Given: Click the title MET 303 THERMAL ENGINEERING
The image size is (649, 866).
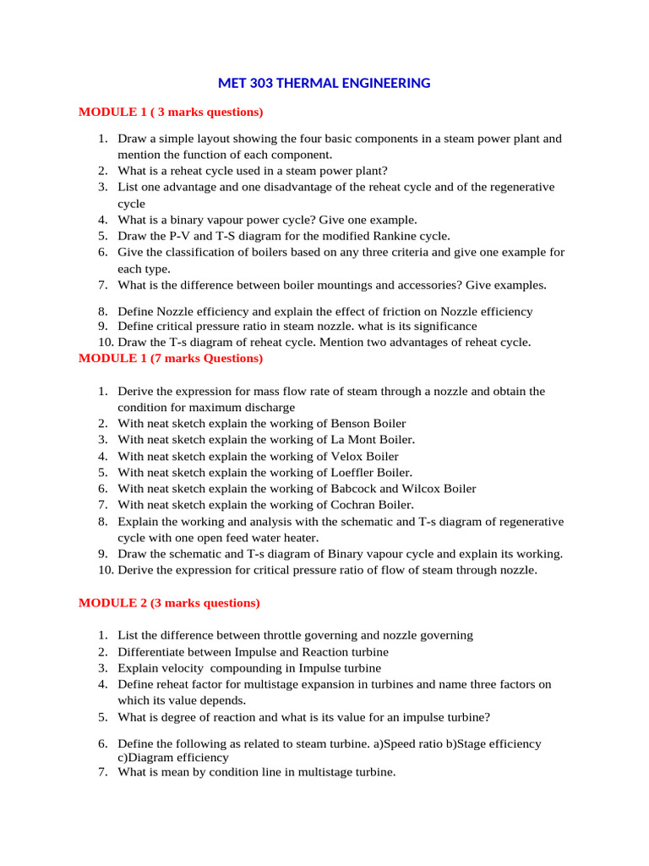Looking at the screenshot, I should click(324, 83).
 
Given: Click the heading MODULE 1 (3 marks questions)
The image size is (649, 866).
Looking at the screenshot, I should click(171, 112).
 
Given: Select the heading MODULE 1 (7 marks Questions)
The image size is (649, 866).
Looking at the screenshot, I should click(171, 358).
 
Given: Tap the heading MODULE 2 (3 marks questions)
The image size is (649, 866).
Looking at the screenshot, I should click(169, 603).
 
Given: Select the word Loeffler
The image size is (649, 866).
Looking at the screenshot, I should click(355, 472).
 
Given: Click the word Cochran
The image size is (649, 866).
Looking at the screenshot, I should click(354, 505).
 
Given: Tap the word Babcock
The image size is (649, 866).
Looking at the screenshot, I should click(356, 488).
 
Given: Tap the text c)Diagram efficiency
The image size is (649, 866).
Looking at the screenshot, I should click(173, 758).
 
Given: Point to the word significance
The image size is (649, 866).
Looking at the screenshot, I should click(440, 326).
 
